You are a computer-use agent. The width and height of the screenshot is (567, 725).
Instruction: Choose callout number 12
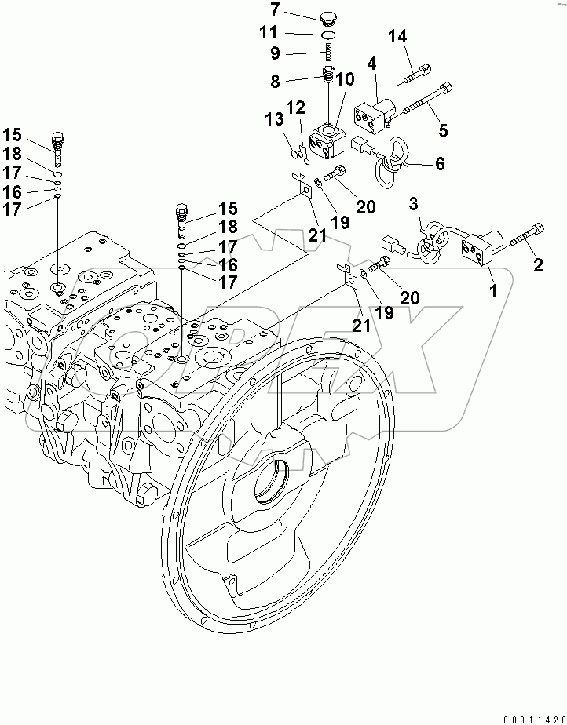(294, 107)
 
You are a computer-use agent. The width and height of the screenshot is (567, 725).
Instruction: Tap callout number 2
(538, 266)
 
